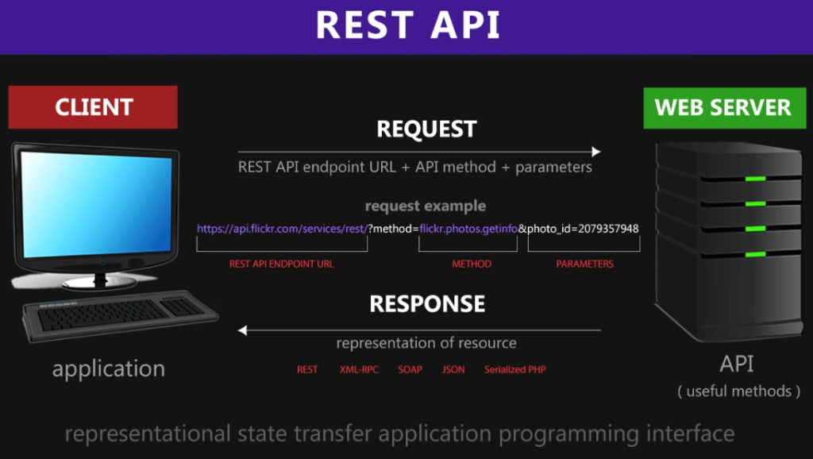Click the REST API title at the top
tap(407, 25)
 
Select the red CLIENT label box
tap(93, 107)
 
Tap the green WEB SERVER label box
tap(722, 107)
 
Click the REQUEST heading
tap(426, 129)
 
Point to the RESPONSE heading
tap(426, 304)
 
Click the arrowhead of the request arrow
tap(595, 152)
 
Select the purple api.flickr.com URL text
tap(282, 229)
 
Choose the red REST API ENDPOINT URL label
tap(281, 264)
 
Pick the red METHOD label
tap(472, 264)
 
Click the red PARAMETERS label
tap(584, 264)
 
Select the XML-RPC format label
tap(358, 370)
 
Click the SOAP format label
tap(410, 370)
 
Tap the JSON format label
tap(453, 370)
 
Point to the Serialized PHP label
tap(515, 370)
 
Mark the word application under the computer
tap(109, 368)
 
